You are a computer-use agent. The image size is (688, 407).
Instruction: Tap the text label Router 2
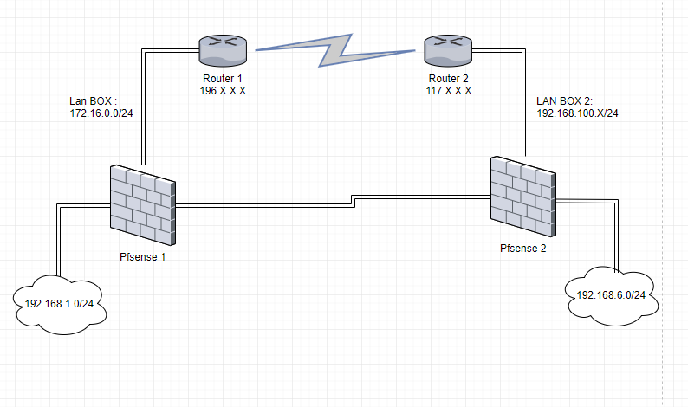point(448,79)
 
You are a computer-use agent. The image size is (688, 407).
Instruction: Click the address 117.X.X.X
point(448,90)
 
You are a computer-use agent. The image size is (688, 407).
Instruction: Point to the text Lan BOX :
point(93,100)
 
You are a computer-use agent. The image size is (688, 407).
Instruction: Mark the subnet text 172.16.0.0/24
point(101,113)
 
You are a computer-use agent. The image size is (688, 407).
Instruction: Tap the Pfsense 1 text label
point(142,257)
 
